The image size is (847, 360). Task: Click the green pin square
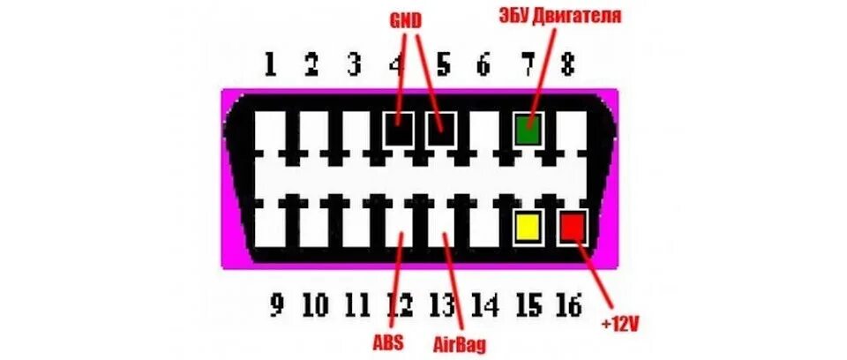pyautogui.click(x=527, y=131)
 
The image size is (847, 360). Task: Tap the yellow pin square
pyautogui.click(x=528, y=227)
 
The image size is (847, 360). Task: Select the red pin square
pyautogui.click(x=572, y=227)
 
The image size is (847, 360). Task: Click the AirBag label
pyautogui.click(x=460, y=342)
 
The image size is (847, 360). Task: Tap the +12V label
pyautogui.click(x=620, y=323)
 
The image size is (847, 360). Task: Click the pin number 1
pyautogui.click(x=270, y=64)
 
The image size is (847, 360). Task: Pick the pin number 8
pyautogui.click(x=566, y=64)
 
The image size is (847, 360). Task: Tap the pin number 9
pyautogui.click(x=277, y=306)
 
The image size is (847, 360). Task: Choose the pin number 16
pyautogui.click(x=568, y=306)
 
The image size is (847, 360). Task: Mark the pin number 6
pyautogui.click(x=483, y=64)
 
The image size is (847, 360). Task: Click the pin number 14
pyautogui.click(x=483, y=306)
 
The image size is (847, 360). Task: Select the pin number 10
pyautogui.click(x=315, y=306)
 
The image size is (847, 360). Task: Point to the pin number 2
pyautogui.click(x=311, y=64)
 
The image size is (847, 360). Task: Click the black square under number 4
pyautogui.click(x=399, y=131)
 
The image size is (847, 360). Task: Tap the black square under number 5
pyautogui.click(x=441, y=131)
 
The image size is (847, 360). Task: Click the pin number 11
pyautogui.click(x=356, y=306)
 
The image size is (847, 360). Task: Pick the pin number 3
pyautogui.click(x=354, y=64)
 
